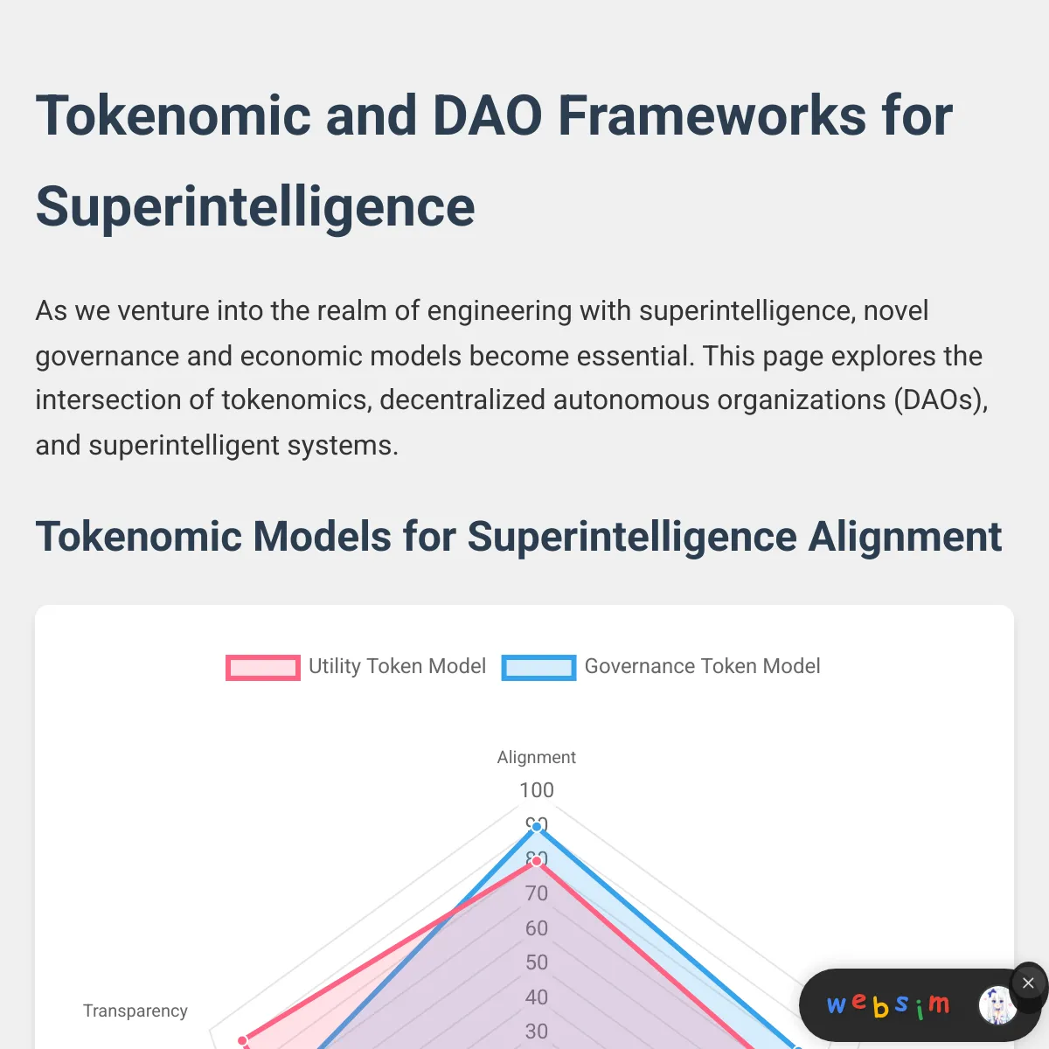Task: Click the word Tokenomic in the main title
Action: pos(173,115)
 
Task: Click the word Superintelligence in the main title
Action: pos(255,207)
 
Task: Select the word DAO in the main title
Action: pos(487,115)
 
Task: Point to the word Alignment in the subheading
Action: pos(905,537)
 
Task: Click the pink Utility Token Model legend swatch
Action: pos(263,667)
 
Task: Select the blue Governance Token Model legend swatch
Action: pos(538,667)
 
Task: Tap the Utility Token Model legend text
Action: pos(397,666)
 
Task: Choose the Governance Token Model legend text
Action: pos(702,666)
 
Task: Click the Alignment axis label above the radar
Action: pos(536,757)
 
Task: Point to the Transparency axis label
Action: pos(135,1011)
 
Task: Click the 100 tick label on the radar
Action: pos(537,790)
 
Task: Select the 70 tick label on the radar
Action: pos(537,893)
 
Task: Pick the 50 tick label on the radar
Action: pos(537,962)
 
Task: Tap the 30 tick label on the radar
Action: pos(537,1032)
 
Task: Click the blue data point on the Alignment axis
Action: pos(537,827)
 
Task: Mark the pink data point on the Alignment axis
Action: pos(537,861)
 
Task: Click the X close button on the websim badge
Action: pos(1028,983)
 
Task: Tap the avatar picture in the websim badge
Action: pos(997,1005)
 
